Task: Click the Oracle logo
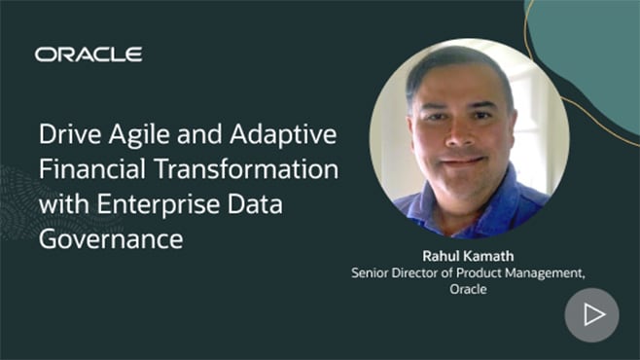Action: pos(89,54)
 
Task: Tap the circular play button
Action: pos(591,314)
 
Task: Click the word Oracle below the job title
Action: pos(468,291)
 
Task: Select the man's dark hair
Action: pos(457,66)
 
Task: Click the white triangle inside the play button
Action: pos(593,314)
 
